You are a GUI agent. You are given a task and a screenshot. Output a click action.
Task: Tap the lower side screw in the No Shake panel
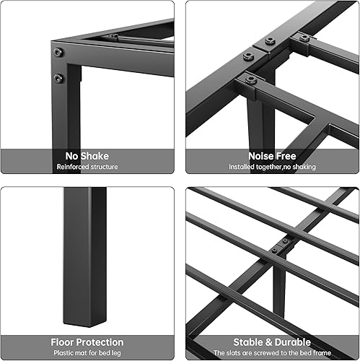[58, 77]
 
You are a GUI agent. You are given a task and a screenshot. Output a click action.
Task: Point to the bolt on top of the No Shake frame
[113, 36]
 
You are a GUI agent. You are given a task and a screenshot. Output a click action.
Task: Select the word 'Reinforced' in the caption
[73, 167]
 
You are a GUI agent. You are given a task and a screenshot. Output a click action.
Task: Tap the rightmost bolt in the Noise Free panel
[304, 37]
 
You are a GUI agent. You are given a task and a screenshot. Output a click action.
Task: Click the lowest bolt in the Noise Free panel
[250, 79]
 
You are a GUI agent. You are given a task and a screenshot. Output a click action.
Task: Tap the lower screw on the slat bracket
[273, 251]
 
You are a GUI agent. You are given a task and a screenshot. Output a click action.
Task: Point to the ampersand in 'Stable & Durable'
[270, 342]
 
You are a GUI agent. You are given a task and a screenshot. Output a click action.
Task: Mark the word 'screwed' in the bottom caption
[275, 353]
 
